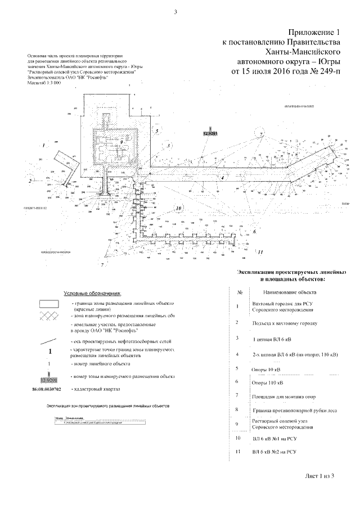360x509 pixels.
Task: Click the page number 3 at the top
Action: point(176,12)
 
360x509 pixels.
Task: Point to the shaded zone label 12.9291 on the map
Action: point(210,134)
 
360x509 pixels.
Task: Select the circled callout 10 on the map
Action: point(179,208)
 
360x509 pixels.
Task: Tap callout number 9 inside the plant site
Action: point(120,143)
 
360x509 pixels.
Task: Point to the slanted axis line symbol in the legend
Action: point(49,341)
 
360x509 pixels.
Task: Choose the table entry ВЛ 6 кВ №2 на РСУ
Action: point(274,452)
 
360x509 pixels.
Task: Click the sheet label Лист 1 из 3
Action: point(320,476)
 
